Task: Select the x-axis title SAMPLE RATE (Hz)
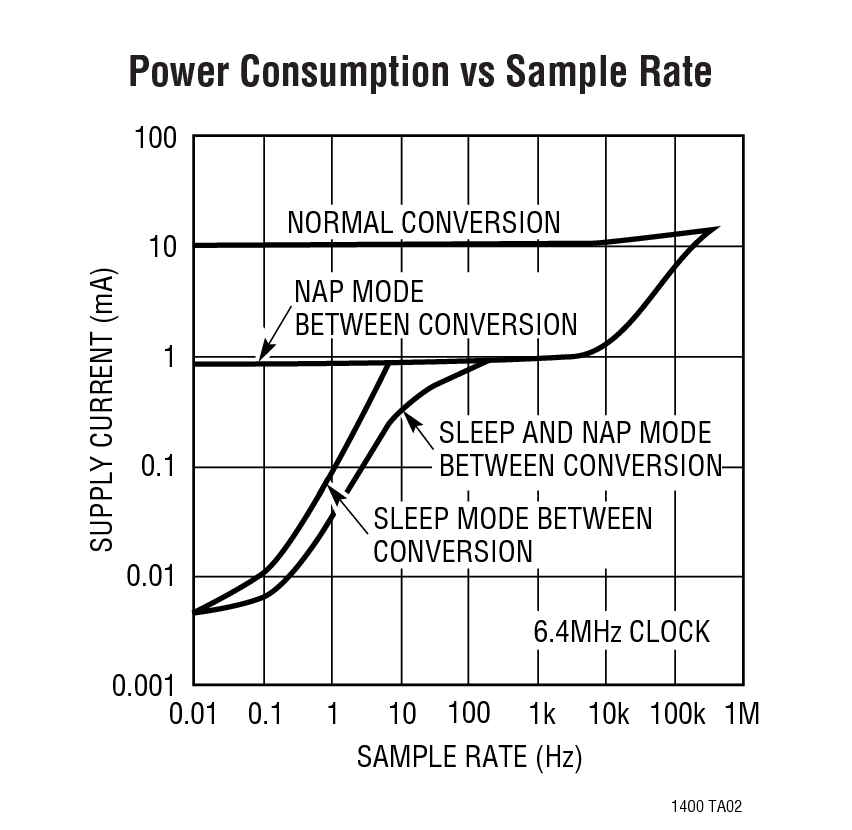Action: (x=469, y=757)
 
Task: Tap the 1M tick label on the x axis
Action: (x=741, y=714)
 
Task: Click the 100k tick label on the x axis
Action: (x=677, y=714)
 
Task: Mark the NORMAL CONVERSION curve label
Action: (x=424, y=222)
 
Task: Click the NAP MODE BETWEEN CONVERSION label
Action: (x=435, y=308)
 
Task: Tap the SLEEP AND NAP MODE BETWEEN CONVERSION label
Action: (x=580, y=449)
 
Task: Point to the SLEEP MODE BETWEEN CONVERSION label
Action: (x=512, y=535)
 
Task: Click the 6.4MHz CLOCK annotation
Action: (x=621, y=632)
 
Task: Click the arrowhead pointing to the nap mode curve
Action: (x=262, y=357)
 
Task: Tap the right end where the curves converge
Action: (x=714, y=230)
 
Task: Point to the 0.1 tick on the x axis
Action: (x=263, y=714)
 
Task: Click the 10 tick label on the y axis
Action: (x=164, y=246)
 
